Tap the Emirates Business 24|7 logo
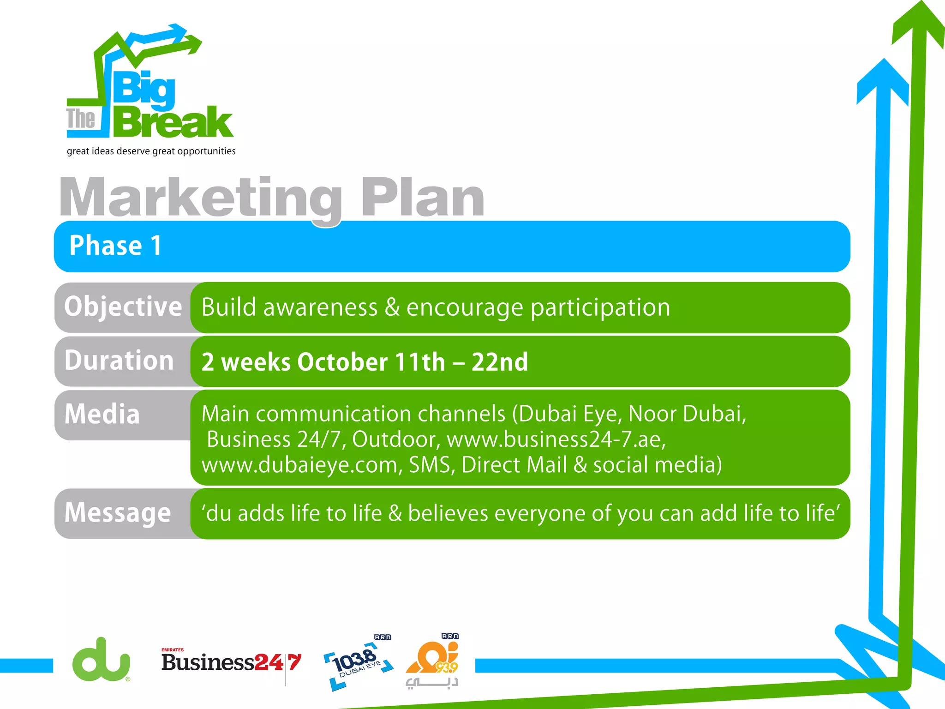click(x=231, y=662)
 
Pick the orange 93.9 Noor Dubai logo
click(x=433, y=660)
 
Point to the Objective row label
click(x=123, y=306)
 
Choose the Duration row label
click(x=119, y=361)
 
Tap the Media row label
click(x=102, y=414)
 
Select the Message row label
click(x=118, y=513)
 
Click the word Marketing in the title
click(x=200, y=198)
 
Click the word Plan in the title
click(x=422, y=198)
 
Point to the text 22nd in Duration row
click(x=500, y=362)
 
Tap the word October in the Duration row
click(x=342, y=362)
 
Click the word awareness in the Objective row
click(x=320, y=307)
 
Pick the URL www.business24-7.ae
click(x=556, y=439)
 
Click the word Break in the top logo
click(x=173, y=122)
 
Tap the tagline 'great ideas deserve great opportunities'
click(x=151, y=151)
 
